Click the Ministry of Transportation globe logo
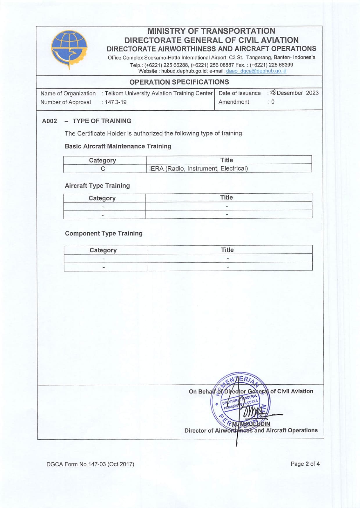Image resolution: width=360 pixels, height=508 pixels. coord(69,49)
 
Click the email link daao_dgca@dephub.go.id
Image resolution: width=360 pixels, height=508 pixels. coord(256,71)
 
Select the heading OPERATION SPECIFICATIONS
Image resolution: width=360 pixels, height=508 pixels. coord(179,82)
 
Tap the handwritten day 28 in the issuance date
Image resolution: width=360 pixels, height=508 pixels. coord(273,93)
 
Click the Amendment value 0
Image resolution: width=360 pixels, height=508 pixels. coord(273,102)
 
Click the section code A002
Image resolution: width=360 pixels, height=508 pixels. coord(49,121)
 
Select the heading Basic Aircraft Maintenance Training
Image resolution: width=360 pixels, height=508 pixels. coord(118,146)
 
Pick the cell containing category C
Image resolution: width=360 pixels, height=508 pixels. coord(103,169)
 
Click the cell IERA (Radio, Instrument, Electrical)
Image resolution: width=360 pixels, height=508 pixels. coord(198,169)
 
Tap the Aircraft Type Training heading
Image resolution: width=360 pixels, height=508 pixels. coord(97,186)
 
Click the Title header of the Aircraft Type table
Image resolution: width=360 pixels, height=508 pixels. coord(226,198)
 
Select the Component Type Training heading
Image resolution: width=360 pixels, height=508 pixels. coord(104,233)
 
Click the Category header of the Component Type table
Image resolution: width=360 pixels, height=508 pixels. coord(103,250)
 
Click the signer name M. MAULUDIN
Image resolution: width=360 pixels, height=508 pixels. coord(251,424)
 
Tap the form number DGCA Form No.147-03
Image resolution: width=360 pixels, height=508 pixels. coord(90,464)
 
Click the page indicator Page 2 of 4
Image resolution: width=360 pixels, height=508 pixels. coord(305,464)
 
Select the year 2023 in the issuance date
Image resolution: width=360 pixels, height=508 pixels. coord(312,93)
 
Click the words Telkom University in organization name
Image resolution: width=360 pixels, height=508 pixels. coord(131,94)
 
